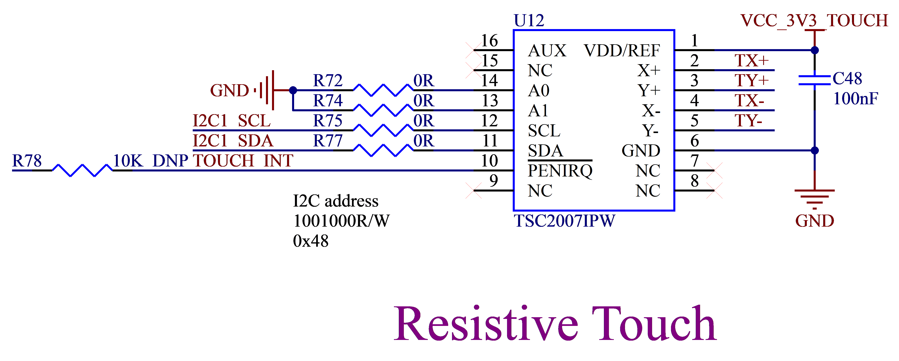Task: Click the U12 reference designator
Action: tap(529, 21)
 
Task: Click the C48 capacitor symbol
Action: tap(814, 80)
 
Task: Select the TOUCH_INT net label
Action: tap(243, 161)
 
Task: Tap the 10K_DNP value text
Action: tap(151, 161)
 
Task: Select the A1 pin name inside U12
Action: tap(538, 111)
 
